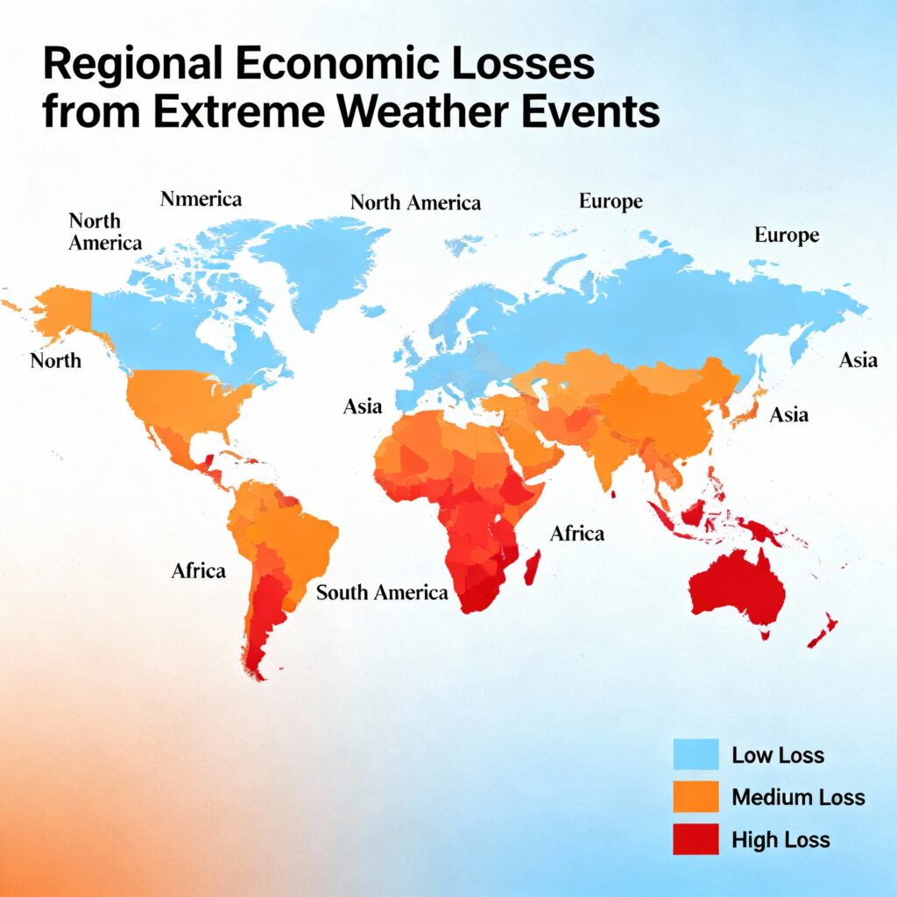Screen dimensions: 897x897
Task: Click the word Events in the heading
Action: [602, 115]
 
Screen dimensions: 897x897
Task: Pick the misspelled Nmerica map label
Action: [201, 199]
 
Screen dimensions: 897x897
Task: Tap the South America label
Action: [382, 593]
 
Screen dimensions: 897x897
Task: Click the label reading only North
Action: [55, 360]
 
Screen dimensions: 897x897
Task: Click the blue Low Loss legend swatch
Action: [695, 754]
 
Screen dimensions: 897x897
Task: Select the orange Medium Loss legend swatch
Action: [695, 797]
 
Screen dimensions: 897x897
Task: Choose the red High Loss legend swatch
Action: [695, 840]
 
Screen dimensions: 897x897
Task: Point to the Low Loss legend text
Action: [778, 754]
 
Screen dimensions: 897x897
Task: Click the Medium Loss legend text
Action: [798, 797]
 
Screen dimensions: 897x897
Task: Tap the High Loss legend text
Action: [780, 840]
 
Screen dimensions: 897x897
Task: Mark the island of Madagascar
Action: [532, 565]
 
